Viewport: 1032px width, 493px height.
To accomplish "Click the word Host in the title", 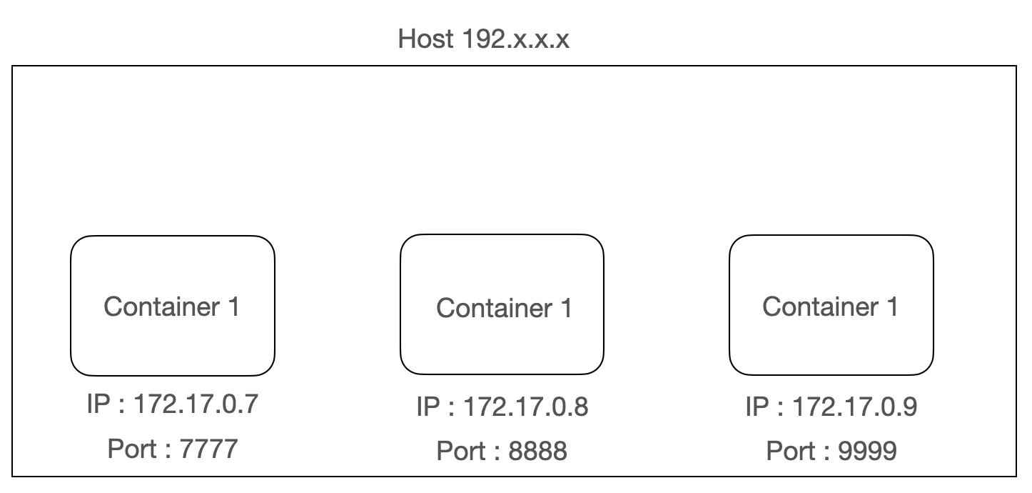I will (x=425, y=39).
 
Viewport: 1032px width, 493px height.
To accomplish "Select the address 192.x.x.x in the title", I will (x=515, y=39).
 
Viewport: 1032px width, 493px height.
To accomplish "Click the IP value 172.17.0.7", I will (x=196, y=404).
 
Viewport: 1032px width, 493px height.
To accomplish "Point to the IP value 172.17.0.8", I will (x=526, y=407).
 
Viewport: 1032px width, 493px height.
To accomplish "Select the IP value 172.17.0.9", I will (x=855, y=407).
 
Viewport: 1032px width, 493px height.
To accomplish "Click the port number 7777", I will (x=208, y=449).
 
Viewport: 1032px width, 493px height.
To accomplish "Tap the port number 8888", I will (x=538, y=452).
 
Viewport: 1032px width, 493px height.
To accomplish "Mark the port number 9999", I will (x=868, y=452).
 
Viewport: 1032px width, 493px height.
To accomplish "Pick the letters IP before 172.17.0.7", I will (x=97, y=404).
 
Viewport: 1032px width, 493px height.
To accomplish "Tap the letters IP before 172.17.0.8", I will (x=427, y=407).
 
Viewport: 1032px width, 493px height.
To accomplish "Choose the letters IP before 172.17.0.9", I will (x=757, y=407).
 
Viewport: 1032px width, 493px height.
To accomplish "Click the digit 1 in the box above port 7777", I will (x=234, y=307).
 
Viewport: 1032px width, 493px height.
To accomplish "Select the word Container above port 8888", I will (x=494, y=309).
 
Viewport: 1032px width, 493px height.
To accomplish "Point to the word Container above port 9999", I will (x=820, y=307).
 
